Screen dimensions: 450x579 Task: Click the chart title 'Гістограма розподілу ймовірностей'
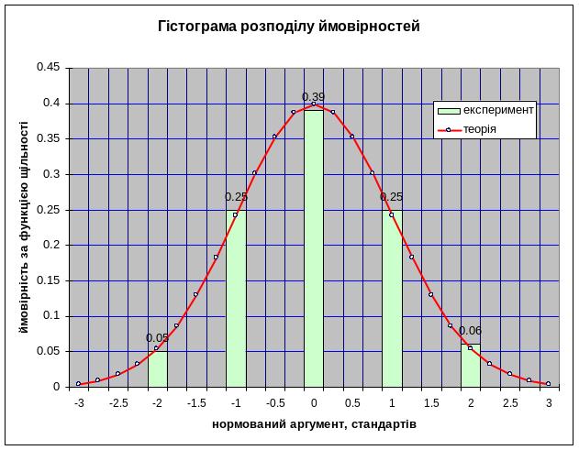(x=290, y=27)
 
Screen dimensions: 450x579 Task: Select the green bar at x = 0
(x=314, y=247)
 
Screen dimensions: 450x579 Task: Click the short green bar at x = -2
(x=157, y=368)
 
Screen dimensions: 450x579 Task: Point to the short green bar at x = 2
(x=470, y=366)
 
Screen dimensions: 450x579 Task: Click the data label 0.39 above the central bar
(x=314, y=96)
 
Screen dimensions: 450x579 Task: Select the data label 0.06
(x=470, y=331)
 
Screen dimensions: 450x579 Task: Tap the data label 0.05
(x=157, y=337)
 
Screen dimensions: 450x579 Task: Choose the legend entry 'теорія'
(x=480, y=129)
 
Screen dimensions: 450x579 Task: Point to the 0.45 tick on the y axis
(x=48, y=68)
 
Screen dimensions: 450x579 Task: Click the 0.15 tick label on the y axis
(x=48, y=280)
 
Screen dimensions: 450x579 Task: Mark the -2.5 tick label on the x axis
(x=117, y=402)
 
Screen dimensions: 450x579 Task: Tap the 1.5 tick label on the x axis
(x=430, y=402)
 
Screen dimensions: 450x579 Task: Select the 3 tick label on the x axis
(x=548, y=402)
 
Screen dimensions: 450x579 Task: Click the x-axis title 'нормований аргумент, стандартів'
(x=314, y=425)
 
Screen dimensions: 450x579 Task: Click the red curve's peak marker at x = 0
(x=314, y=104)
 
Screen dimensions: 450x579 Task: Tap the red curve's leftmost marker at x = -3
(x=79, y=384)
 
